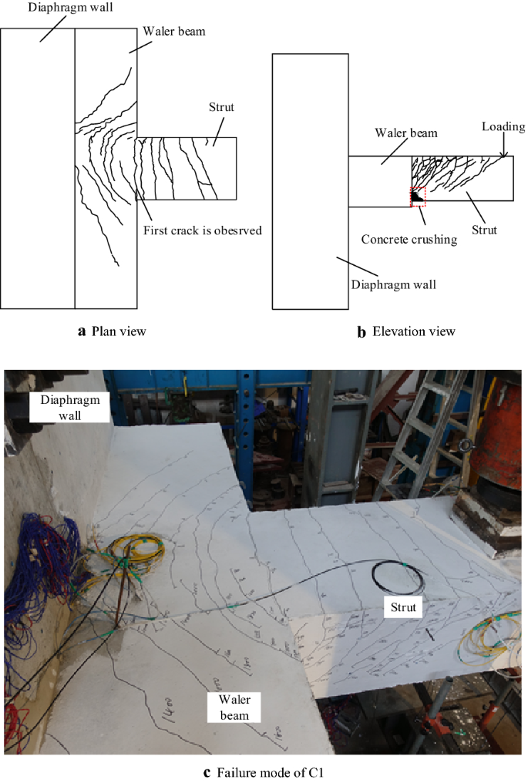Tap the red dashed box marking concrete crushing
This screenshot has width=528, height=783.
(x=417, y=197)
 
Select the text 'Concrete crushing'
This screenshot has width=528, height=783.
(x=409, y=240)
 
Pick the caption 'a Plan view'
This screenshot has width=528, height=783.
(x=112, y=331)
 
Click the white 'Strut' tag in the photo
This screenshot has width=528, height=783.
(x=402, y=608)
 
